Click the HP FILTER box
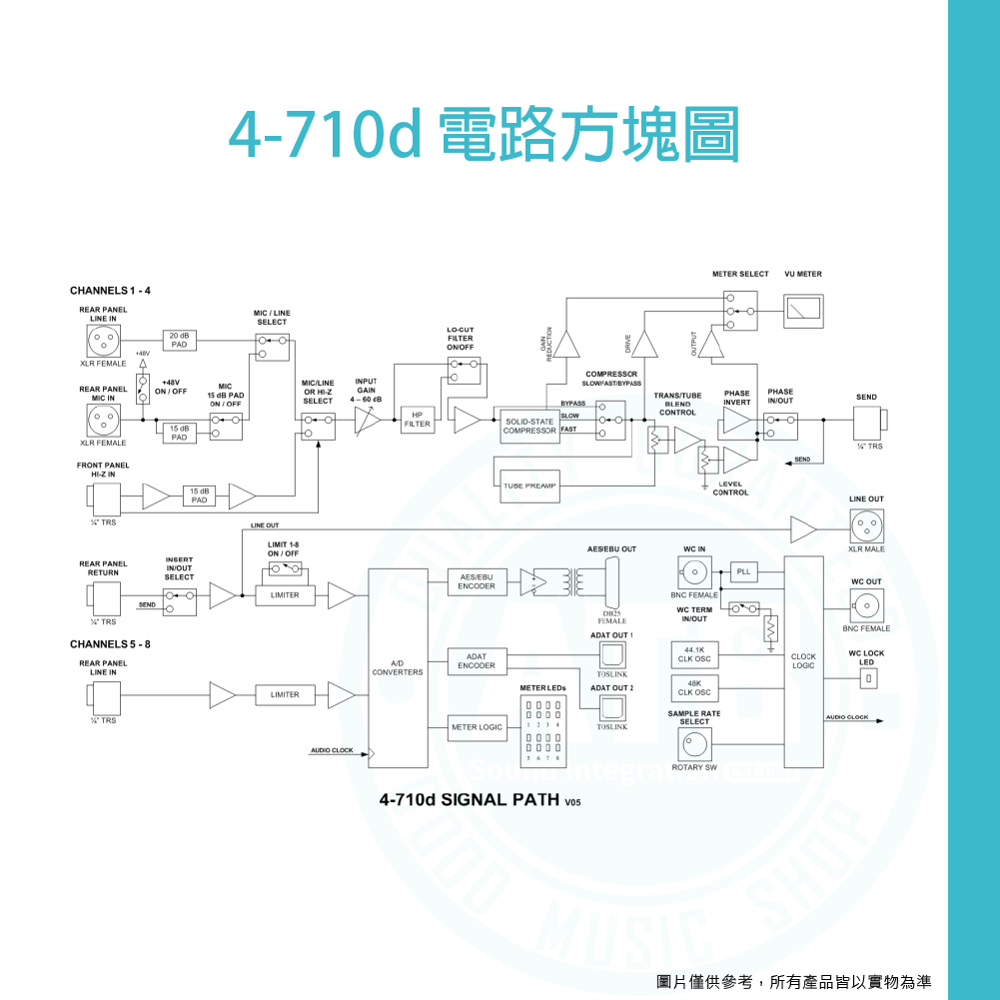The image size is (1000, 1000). [x=417, y=420]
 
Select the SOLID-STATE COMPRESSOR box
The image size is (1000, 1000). [x=529, y=427]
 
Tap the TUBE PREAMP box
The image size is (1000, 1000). [x=529, y=486]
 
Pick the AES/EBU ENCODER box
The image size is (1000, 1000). [x=477, y=582]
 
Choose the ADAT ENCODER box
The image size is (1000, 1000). [x=477, y=661]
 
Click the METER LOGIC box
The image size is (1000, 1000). [x=477, y=727]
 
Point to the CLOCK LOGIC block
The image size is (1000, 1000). [x=803, y=660]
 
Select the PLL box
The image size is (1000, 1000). [x=744, y=571]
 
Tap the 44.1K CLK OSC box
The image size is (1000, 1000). [x=694, y=655]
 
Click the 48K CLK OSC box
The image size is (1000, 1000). [x=694, y=688]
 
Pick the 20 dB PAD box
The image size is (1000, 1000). [x=179, y=340]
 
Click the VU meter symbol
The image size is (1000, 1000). [x=803, y=311]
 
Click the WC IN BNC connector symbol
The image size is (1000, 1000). [x=694, y=573]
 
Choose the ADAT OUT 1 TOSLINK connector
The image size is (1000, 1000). [x=612, y=655]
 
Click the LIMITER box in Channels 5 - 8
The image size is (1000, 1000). [x=285, y=694]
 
